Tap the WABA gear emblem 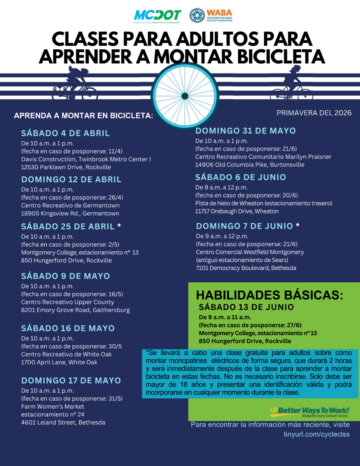pyautogui.click(x=197, y=16)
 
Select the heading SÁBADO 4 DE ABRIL pyautogui.click(x=65, y=133)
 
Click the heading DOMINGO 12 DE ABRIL pyautogui.click(x=71, y=179)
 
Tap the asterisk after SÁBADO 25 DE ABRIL pyautogui.click(x=119, y=225)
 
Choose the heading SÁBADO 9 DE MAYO pyautogui.click(x=65, y=276)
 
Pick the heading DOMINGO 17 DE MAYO pyautogui.click(x=71, y=381)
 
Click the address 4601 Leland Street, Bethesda pyautogui.click(x=63, y=423)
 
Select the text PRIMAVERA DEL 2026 pyautogui.click(x=314, y=113)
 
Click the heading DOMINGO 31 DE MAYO pyautogui.click(x=245, y=130)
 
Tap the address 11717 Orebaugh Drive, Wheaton pyautogui.click(x=237, y=211)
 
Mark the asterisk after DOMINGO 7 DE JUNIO pyautogui.click(x=298, y=225)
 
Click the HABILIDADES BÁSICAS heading pyautogui.click(x=270, y=295)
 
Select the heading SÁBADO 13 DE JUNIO pyautogui.click(x=246, y=307)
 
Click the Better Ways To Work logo pyautogui.click(x=309, y=411)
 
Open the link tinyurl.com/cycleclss pyautogui.click(x=317, y=434)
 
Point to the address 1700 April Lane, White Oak pyautogui.click(x=59, y=362)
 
